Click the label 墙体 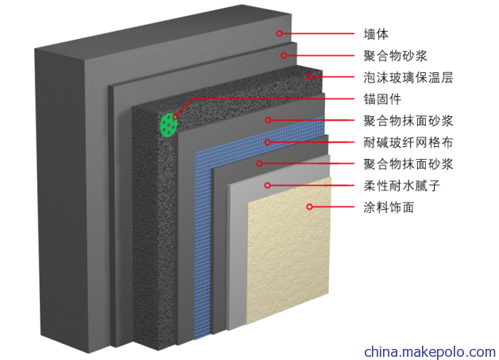click(x=376, y=34)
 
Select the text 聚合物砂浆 click(x=395, y=56)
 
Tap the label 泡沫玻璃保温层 click(x=408, y=77)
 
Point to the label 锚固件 click(x=382, y=99)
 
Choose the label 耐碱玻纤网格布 click(x=408, y=142)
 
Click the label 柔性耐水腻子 click(x=401, y=186)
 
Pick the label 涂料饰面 click(x=389, y=207)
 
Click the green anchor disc click(x=168, y=125)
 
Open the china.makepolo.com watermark click(x=430, y=352)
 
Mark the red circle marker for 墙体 click(x=280, y=33)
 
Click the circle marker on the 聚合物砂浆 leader click(x=284, y=56)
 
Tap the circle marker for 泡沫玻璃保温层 click(x=310, y=77)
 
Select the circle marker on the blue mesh click(x=268, y=142)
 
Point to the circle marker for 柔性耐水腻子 click(x=267, y=185)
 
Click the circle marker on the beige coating click(x=309, y=207)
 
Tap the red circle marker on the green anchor click(x=175, y=117)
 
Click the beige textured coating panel click(x=288, y=251)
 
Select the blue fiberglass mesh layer click(x=203, y=242)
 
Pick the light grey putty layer click(x=237, y=254)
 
